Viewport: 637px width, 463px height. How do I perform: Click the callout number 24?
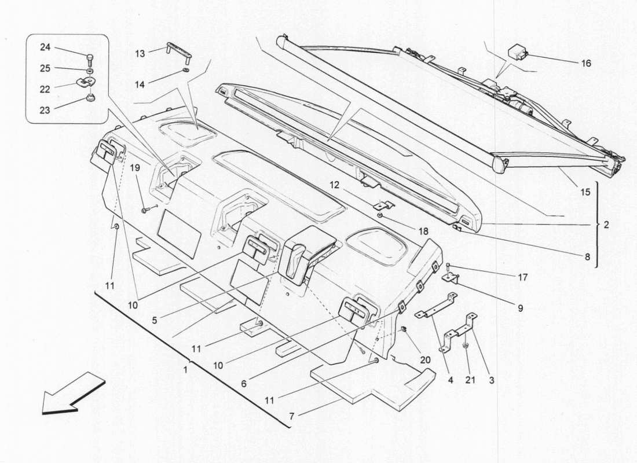(45, 47)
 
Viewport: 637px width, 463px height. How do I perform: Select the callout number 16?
(586, 63)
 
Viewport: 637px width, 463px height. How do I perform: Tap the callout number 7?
(291, 416)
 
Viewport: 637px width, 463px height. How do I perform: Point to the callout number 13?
(140, 54)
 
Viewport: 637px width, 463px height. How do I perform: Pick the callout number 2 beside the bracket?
(606, 224)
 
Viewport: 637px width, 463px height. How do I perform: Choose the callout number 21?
(470, 381)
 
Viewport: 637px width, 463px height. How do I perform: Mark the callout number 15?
(585, 192)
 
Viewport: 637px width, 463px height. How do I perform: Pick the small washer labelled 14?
(185, 72)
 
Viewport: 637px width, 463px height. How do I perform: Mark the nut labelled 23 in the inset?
(89, 97)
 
